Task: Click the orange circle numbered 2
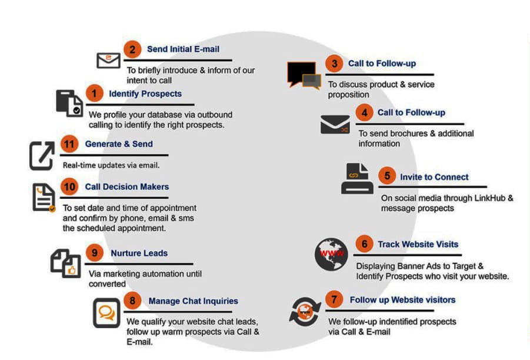point(132,49)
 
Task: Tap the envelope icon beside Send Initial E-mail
point(108,60)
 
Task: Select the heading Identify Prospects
point(145,94)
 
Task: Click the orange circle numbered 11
point(69,144)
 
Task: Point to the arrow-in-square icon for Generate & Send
point(42,156)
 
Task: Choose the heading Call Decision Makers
point(126,186)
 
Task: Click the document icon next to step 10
point(44,198)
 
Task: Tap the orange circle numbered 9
point(94,254)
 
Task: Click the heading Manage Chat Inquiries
point(193,301)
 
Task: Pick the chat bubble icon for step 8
point(106,312)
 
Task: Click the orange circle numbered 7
point(334,300)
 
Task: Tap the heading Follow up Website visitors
point(402,300)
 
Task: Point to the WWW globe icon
point(331,254)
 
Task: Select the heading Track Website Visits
point(418,244)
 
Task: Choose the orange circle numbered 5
point(386,176)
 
